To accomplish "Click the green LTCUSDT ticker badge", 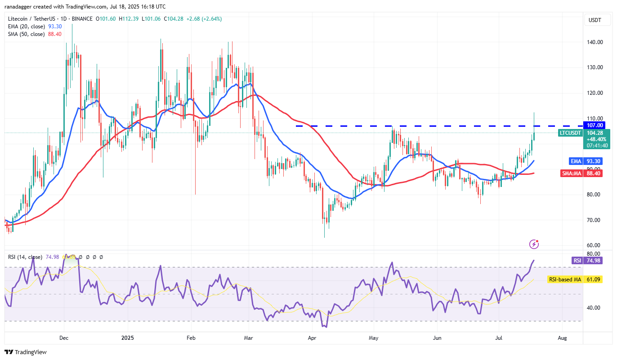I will pos(570,133).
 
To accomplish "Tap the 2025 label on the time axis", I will pos(128,337).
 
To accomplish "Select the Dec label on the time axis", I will pos(63,337).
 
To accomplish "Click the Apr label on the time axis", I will pos(312,337).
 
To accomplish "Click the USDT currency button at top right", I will pos(595,20).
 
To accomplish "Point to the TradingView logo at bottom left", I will pos(26,352).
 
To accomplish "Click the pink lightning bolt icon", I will pos(534,244).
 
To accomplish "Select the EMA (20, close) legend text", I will pos(26,27).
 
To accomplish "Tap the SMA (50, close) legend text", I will pos(26,34).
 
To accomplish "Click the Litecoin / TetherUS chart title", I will pos(33,19).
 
